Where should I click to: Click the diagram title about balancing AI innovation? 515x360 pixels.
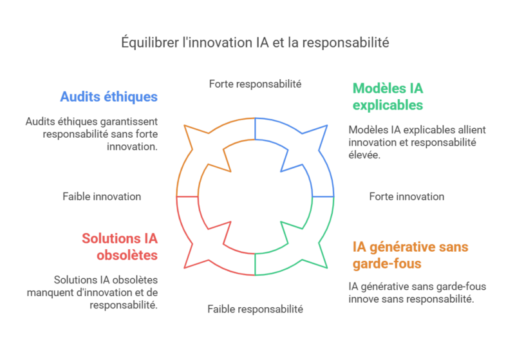256,43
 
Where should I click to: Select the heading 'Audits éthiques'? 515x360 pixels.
109,97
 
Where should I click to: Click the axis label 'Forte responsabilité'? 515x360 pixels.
256,84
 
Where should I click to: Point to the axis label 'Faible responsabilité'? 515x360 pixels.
255,309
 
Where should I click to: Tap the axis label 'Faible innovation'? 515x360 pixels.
102,196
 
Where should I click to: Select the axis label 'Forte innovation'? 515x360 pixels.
406,196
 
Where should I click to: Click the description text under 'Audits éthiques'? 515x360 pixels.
91,134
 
